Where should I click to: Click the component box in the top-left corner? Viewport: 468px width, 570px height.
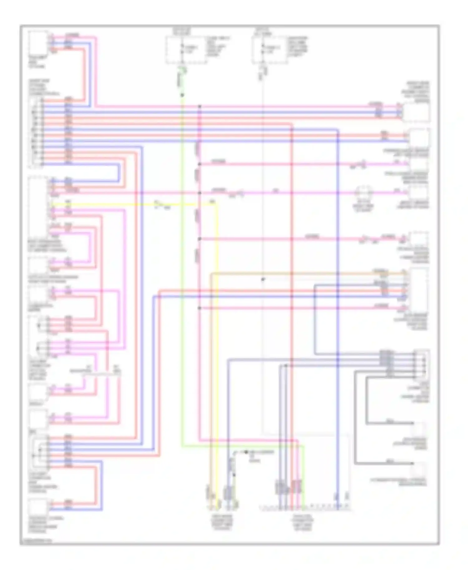coord(38,43)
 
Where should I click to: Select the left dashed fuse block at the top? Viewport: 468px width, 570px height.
coord(185,50)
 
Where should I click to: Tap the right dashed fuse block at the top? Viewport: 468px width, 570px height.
coord(270,50)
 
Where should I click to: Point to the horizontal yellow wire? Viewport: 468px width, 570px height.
coord(125,205)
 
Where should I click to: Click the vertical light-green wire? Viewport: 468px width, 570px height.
coord(182,281)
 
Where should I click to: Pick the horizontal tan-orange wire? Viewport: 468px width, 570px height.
coord(296,273)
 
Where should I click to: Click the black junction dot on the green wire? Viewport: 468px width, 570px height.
coord(182,95)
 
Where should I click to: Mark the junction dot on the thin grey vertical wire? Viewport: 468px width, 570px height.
coord(263,279)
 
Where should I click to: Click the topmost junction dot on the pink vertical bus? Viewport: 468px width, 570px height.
coord(199,107)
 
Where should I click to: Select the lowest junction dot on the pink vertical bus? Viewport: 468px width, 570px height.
coord(199,308)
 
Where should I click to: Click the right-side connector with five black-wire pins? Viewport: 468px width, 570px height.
coord(421,363)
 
